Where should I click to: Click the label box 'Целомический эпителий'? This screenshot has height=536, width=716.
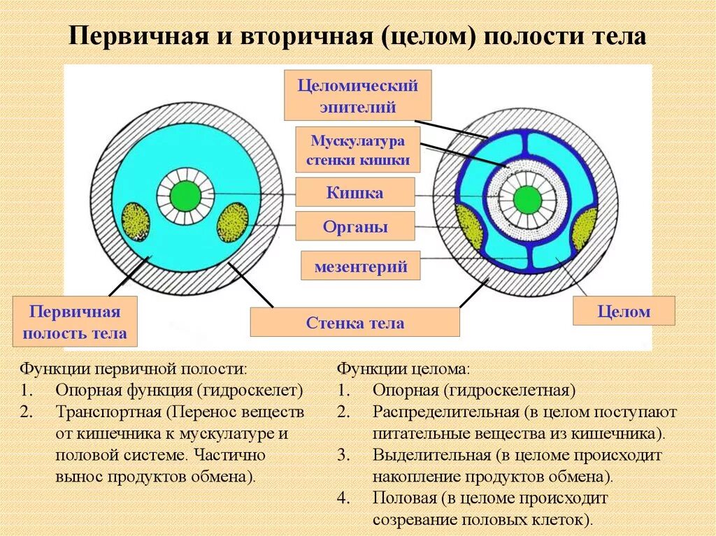pos(357,96)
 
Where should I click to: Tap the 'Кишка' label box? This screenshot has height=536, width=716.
pos(355,192)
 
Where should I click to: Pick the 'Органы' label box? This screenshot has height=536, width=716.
pos(355,226)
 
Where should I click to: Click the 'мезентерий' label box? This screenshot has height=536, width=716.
pos(360,266)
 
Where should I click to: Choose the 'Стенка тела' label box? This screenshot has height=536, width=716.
pos(355,323)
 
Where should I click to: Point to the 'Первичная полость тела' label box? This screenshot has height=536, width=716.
pos(75,322)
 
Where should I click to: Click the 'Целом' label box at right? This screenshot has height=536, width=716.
pos(624,312)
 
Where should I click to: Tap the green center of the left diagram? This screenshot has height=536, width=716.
pos(185,196)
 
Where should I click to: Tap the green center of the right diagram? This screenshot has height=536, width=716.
pos(527,200)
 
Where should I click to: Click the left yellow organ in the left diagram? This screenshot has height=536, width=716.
pos(136,222)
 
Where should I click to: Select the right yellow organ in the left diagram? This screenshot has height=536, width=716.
pos(233,222)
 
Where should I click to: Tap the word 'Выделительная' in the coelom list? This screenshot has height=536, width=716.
pos(431,456)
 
